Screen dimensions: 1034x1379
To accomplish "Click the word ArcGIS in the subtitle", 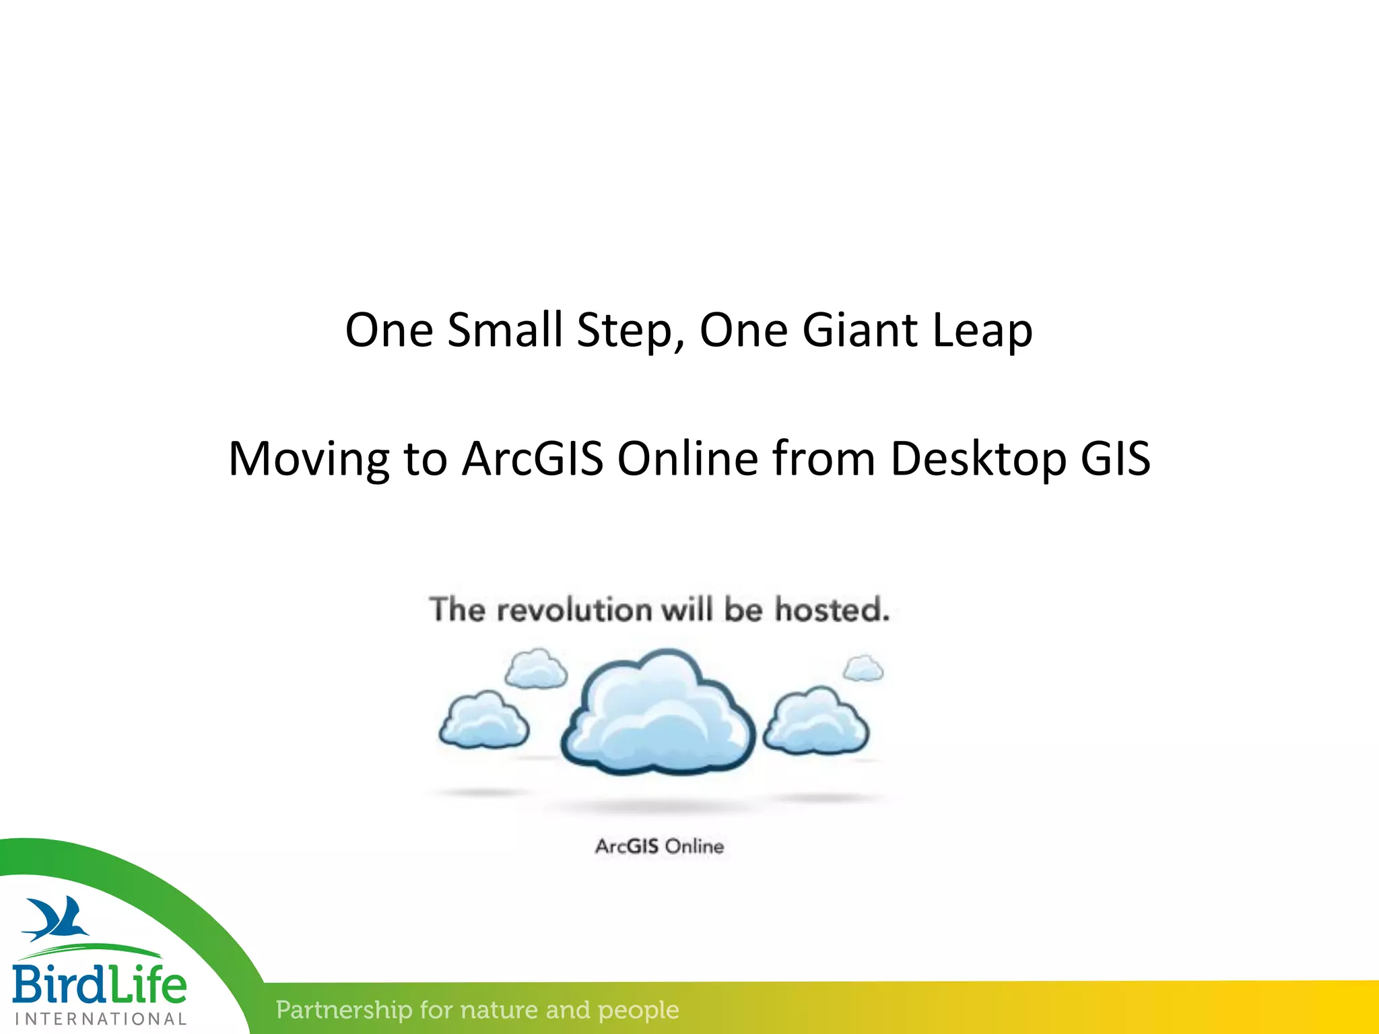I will [532, 459].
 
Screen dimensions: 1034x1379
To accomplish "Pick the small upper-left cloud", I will [536, 669].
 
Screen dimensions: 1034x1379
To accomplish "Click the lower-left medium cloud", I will [484, 722].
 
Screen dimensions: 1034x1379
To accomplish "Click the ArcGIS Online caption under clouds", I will [659, 846].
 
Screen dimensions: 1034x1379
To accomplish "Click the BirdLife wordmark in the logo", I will [99, 984].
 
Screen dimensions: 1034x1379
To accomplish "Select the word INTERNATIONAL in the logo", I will [101, 1019].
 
